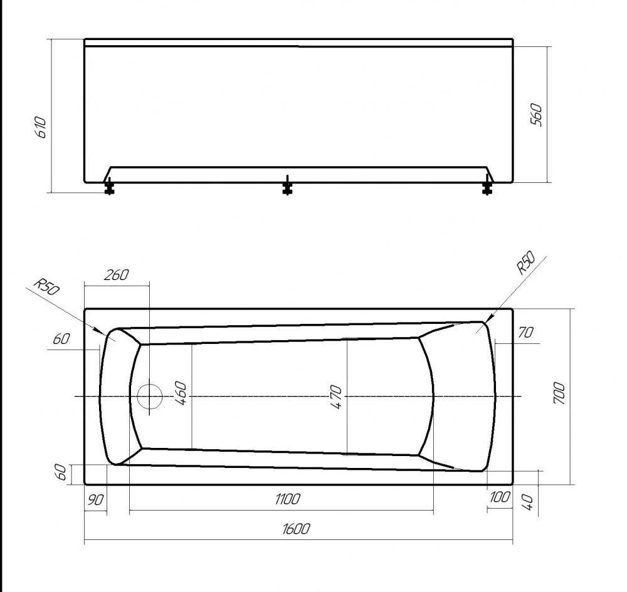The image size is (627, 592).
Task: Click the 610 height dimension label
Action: coord(41,127)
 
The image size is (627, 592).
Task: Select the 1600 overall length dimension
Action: coord(296,529)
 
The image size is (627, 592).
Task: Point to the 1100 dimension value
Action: coord(288,499)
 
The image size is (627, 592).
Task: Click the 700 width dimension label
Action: coord(559,393)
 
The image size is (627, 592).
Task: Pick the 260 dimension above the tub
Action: coord(117,275)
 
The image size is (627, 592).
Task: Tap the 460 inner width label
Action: coord(181,393)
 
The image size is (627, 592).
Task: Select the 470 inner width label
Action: coord(336,397)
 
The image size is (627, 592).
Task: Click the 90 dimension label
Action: coord(95,499)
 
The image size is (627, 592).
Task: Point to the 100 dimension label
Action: coord(500,497)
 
